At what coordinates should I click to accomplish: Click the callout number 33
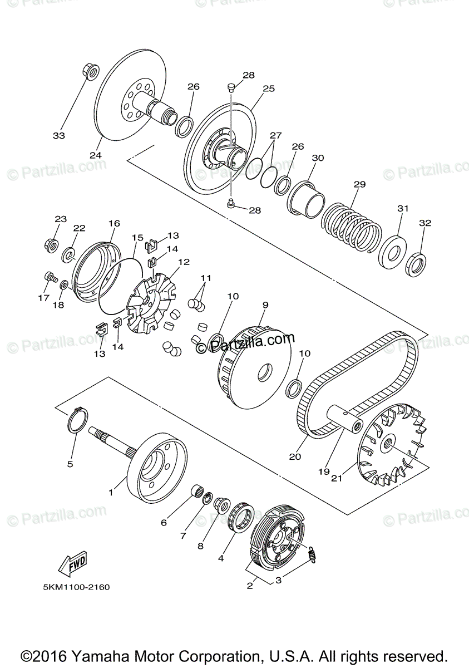coord(59,135)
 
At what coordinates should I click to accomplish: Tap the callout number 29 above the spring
coord(359,184)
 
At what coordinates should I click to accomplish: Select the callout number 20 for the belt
coord(295,456)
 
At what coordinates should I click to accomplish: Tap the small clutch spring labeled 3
coord(313,554)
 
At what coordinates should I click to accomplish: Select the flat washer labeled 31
coord(392,250)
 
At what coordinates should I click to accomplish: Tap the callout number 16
coord(114,223)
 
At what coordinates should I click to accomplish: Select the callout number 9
coord(265,305)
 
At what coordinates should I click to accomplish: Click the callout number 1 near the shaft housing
coord(111,492)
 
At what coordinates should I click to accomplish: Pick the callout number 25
coord(269,89)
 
